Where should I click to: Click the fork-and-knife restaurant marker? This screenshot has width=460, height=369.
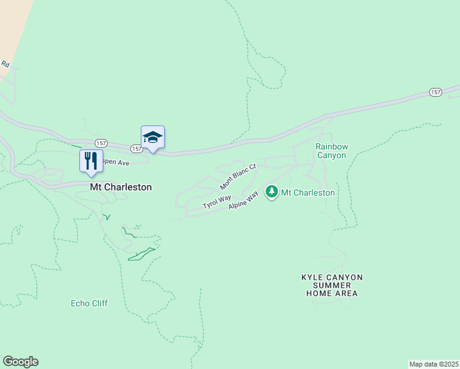(x=91, y=161)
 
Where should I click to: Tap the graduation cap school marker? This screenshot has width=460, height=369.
(x=153, y=138)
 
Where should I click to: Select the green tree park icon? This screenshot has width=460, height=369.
(x=271, y=192)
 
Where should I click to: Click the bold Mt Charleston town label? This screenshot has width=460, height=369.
(x=121, y=187)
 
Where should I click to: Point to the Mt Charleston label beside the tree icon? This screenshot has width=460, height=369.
(x=308, y=192)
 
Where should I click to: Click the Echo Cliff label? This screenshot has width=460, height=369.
(x=90, y=303)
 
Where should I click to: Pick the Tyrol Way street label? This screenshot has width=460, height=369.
(x=216, y=202)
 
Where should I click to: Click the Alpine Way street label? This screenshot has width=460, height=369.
(x=244, y=201)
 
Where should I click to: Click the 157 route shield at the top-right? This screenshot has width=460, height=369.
(x=435, y=92)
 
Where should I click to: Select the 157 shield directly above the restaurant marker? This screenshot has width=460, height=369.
(x=101, y=143)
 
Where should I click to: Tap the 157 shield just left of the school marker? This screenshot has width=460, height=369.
(x=136, y=149)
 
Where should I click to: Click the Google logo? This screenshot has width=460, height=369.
(x=20, y=362)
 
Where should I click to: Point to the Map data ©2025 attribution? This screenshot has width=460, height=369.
(x=434, y=363)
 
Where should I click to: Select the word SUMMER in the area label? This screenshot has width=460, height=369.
(x=331, y=286)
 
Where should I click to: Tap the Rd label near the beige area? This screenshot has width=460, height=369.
(x=6, y=64)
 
